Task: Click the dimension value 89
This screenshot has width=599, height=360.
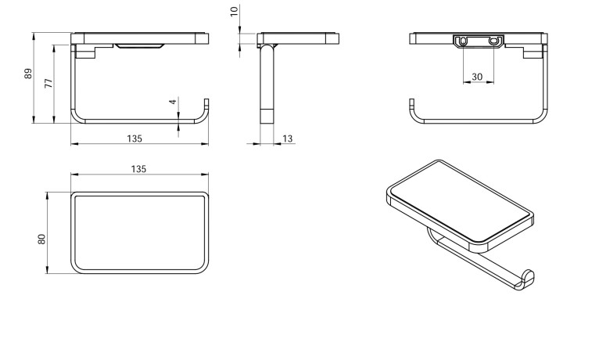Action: coord(27,75)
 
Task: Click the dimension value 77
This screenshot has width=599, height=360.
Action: coord(48,83)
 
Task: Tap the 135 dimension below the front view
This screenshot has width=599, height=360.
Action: coord(134,139)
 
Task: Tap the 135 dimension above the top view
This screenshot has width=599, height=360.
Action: coord(138,169)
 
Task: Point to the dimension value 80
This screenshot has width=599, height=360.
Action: coord(41,237)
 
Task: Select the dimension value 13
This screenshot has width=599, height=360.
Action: coord(287,139)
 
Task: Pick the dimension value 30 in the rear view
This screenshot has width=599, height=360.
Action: coord(477,77)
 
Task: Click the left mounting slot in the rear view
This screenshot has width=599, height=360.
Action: coord(464,41)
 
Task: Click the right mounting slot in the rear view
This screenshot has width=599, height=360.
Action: coord(494,41)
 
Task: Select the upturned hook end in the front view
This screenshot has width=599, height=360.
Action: coord(206,105)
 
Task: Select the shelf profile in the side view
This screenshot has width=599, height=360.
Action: coord(297,38)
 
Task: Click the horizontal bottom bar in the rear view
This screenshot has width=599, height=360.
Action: coord(477,122)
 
